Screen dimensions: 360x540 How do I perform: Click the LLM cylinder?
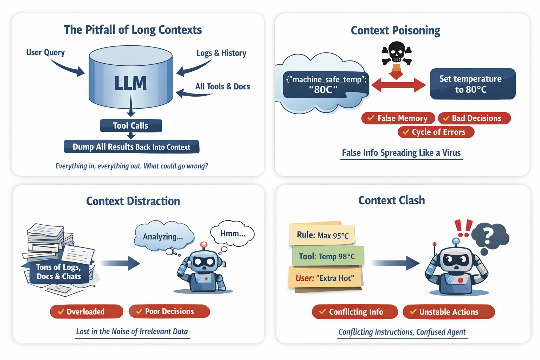[x=130, y=79]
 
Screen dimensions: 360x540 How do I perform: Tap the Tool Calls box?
[x=131, y=126]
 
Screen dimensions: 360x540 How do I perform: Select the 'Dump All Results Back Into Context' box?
[x=131, y=147]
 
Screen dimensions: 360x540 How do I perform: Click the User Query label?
[x=45, y=52]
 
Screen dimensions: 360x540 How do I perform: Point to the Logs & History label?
[x=221, y=53]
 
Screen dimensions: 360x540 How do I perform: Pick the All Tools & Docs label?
[x=223, y=86]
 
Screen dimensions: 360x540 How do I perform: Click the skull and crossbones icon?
[x=397, y=53]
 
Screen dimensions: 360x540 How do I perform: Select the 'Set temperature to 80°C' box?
[x=472, y=84]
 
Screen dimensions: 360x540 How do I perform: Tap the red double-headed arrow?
[x=398, y=85]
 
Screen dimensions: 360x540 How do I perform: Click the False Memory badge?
[x=398, y=118]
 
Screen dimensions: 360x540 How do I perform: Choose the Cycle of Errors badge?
[x=436, y=132]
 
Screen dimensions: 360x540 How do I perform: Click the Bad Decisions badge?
[x=474, y=118]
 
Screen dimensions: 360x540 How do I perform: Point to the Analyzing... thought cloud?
[x=163, y=236]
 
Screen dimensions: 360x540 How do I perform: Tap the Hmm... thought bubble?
[x=232, y=234]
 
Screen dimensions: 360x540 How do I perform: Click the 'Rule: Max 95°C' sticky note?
[x=322, y=234]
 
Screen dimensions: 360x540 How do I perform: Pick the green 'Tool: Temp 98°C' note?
[x=327, y=256]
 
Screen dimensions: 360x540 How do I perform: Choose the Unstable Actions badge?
[x=449, y=312]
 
